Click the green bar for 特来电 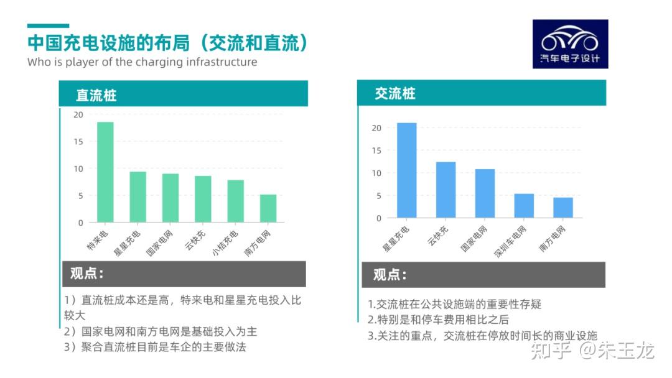coord(105,172)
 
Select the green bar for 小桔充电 coord(235,201)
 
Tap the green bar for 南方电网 coord(268,208)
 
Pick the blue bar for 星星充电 coord(407,170)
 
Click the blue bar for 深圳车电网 coord(524,206)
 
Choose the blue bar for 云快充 coord(446,190)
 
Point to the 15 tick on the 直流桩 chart coord(78,142)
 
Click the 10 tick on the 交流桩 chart coord(376,173)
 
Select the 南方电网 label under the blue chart coord(552,238)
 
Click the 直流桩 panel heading coord(96,95)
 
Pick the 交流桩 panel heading coord(394,93)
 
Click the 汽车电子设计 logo coord(570,44)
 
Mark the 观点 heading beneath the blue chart coord(390,274)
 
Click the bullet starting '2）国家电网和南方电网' coord(161,331)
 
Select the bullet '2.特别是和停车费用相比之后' coord(438,320)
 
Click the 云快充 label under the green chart coord(195,240)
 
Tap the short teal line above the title coord(48,26)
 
